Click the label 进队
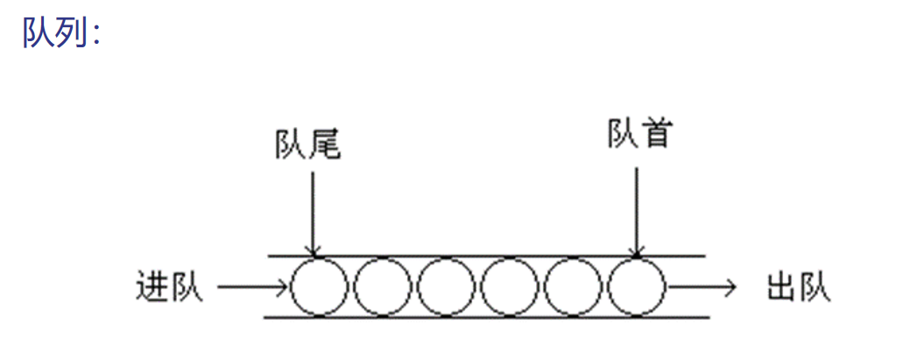pyautogui.click(x=169, y=286)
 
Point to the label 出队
pyautogui.click(x=798, y=286)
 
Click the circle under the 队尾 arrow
pyautogui.click(x=319, y=286)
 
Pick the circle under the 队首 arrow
pyautogui.click(x=637, y=286)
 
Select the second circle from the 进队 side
pyautogui.click(x=383, y=286)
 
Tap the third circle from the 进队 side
pyautogui.click(x=446, y=286)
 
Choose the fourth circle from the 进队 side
pyautogui.click(x=510, y=286)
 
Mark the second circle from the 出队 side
pyautogui.click(x=573, y=286)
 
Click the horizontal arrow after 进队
pyautogui.click(x=252, y=286)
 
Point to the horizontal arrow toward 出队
pyautogui.click(x=700, y=286)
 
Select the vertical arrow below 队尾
pyautogui.click(x=313, y=210)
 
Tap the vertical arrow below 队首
pyautogui.click(x=637, y=210)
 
